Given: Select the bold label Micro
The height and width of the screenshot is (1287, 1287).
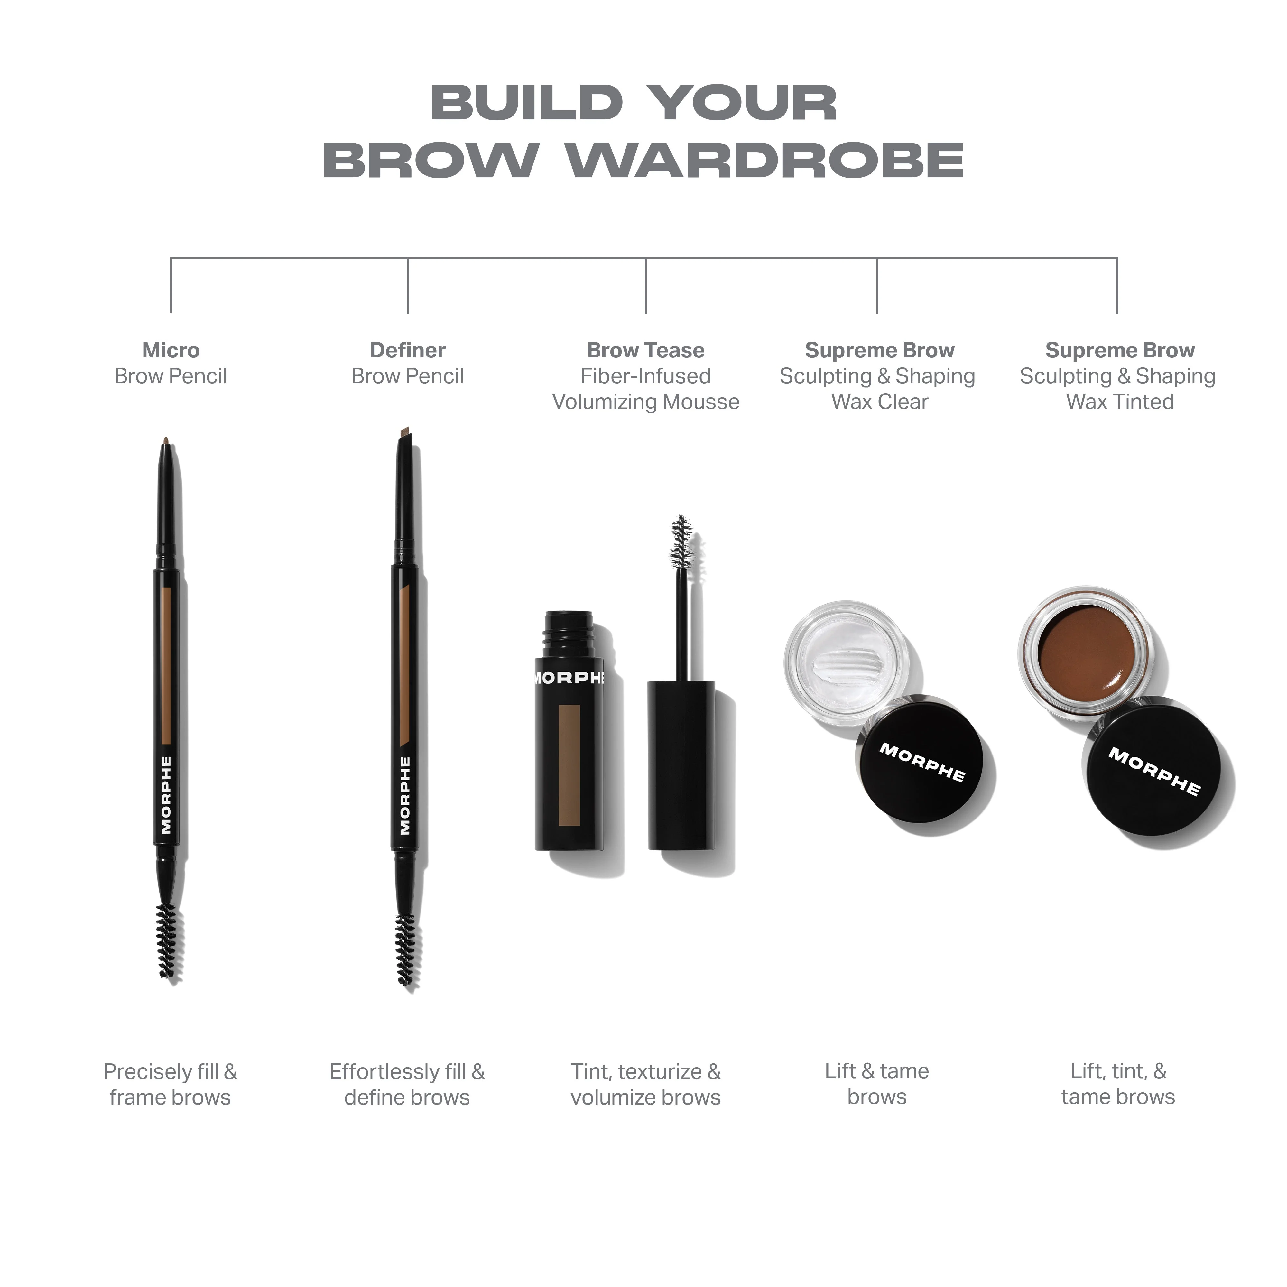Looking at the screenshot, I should pyautogui.click(x=171, y=350).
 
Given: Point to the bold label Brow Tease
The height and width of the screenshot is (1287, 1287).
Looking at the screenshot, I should pyautogui.click(x=645, y=350).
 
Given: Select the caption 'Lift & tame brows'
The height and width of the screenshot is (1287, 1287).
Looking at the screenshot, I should pyautogui.click(x=877, y=1084).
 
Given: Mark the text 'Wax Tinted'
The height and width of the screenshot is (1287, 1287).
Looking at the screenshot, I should pyautogui.click(x=1120, y=402).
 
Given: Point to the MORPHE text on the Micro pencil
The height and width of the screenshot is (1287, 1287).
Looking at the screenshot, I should pyautogui.click(x=167, y=795).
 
